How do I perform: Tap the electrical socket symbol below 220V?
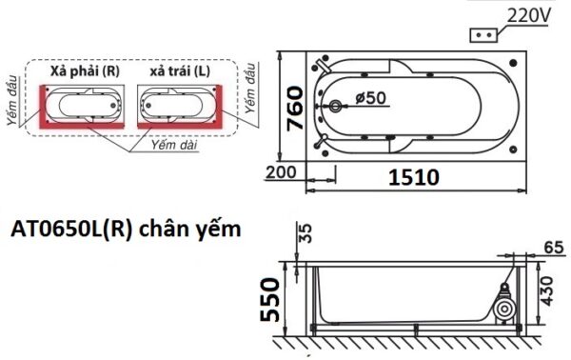(482, 33)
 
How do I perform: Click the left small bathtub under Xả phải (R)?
(82, 104)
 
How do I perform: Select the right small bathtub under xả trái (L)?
(178, 104)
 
